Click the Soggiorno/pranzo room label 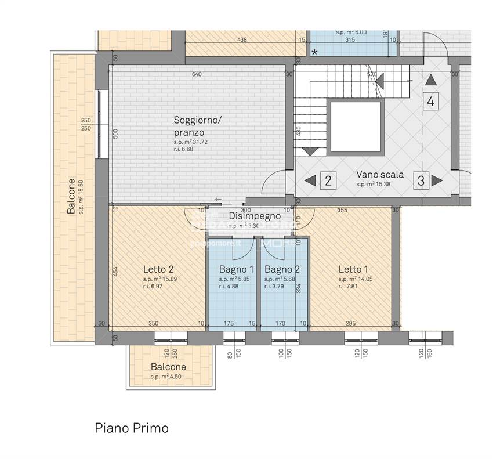[198, 126]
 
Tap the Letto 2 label [158, 269]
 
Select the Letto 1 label [353, 269]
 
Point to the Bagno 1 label [236, 269]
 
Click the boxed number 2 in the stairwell [328, 180]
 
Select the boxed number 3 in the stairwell [421, 180]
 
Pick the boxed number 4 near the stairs [430, 102]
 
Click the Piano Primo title [132, 428]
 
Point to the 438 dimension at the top [242, 40]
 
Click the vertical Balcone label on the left [71, 196]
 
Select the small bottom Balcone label [168, 367]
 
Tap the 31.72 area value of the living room [201, 142]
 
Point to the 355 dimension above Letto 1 [342, 210]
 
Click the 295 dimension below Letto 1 [350, 323]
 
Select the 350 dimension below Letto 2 [153, 323]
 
